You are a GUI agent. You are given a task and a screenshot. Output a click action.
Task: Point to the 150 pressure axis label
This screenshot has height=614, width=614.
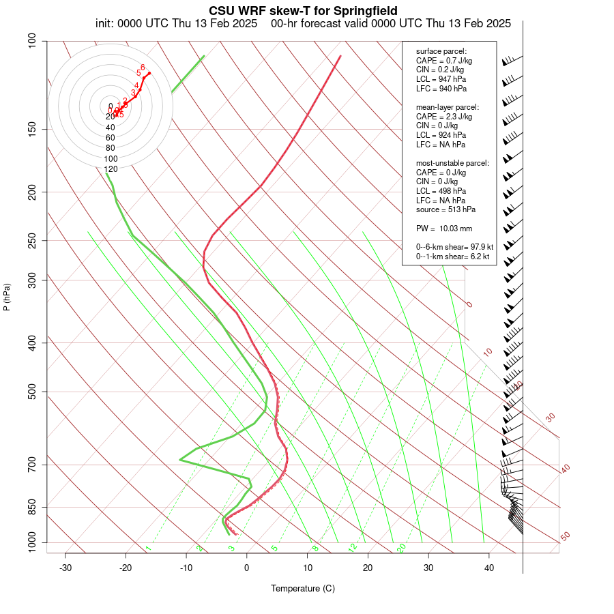tap(31, 129)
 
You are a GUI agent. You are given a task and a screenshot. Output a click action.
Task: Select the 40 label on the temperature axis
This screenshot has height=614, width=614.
tap(488, 568)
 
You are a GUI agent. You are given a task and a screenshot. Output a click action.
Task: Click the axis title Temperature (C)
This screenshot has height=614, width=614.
tap(303, 588)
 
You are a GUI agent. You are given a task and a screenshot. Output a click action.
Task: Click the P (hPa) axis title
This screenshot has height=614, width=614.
tap(7, 297)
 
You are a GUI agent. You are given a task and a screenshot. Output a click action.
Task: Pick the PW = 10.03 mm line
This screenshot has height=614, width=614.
tap(444, 228)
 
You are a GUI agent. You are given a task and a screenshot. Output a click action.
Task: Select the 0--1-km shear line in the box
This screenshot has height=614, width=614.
tap(453, 257)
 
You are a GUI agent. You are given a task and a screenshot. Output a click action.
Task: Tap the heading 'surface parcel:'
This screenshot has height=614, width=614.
tap(441, 51)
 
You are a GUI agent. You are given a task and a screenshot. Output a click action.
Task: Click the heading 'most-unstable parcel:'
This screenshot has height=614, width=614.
tap(452, 163)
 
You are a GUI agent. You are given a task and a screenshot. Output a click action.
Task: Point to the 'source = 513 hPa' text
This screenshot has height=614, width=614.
tap(445, 209)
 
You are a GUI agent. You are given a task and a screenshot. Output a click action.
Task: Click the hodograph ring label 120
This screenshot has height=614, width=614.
tap(111, 169)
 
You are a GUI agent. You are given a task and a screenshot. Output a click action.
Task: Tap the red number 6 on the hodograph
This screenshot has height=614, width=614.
tap(143, 67)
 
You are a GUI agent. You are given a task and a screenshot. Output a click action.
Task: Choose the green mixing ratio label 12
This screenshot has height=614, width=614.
tap(353, 547)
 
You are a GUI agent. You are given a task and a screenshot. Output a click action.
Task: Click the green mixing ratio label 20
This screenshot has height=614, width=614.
tap(401, 547)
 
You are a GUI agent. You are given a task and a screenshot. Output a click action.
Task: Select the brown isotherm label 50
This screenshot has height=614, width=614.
tap(565, 536)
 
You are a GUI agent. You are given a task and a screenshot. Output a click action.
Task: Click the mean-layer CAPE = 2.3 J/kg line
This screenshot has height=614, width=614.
tap(444, 117)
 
